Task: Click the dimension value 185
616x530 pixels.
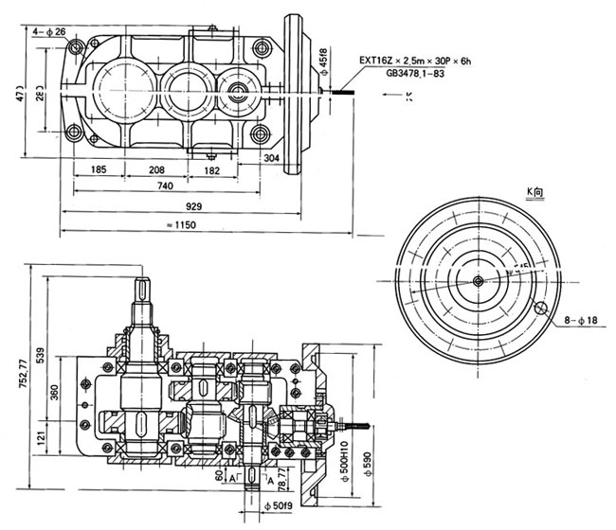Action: tap(104, 170)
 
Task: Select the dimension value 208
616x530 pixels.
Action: tap(157, 170)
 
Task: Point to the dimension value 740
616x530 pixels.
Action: tap(166, 188)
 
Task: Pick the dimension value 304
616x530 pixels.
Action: tap(272, 159)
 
